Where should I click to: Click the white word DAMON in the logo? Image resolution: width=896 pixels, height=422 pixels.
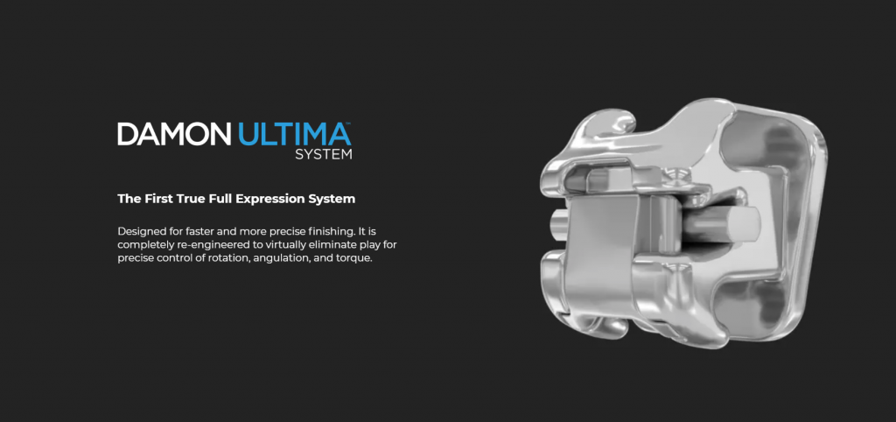click(174, 134)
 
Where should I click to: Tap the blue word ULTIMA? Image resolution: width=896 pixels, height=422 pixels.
click(294, 134)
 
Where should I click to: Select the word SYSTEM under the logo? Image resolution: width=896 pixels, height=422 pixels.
click(324, 154)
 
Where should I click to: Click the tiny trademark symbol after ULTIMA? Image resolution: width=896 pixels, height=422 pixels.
click(349, 123)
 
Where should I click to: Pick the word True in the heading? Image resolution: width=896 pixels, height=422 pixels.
click(184, 199)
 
